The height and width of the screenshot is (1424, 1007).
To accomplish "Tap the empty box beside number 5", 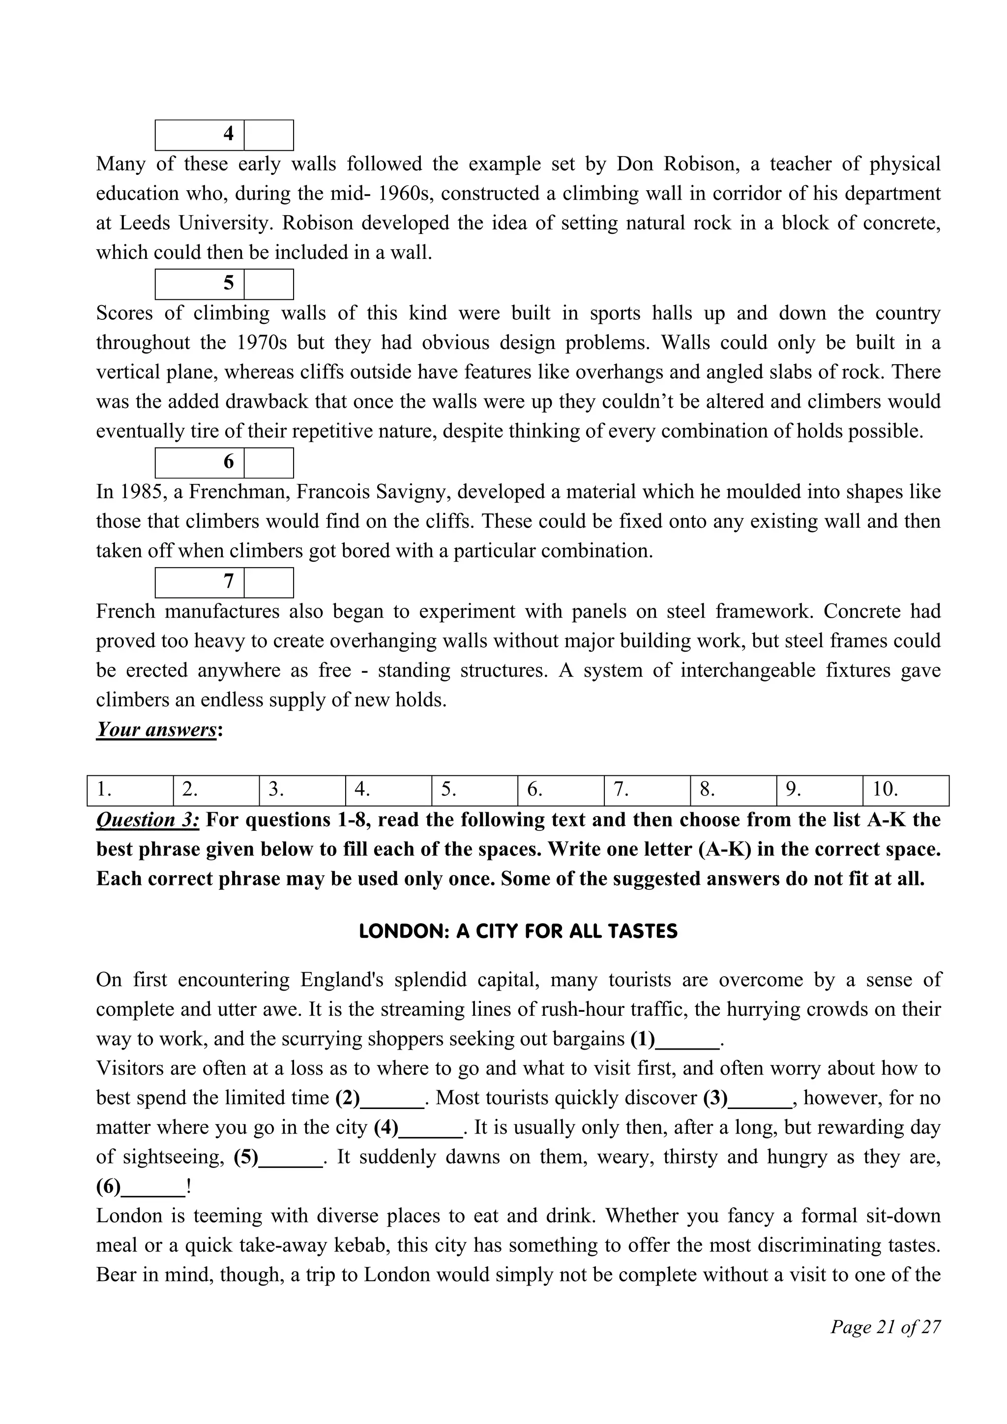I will coord(268,284).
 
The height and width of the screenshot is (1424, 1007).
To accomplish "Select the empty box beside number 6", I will coord(268,463).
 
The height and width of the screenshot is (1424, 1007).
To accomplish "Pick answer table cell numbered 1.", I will coord(130,790).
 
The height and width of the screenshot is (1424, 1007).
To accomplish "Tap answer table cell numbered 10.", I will coord(905,790).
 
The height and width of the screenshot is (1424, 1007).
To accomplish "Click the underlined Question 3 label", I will coord(148,821).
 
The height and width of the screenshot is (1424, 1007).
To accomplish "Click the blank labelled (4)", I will coord(431,1128).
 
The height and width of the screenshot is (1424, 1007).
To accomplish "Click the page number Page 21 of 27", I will coord(886,1327).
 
